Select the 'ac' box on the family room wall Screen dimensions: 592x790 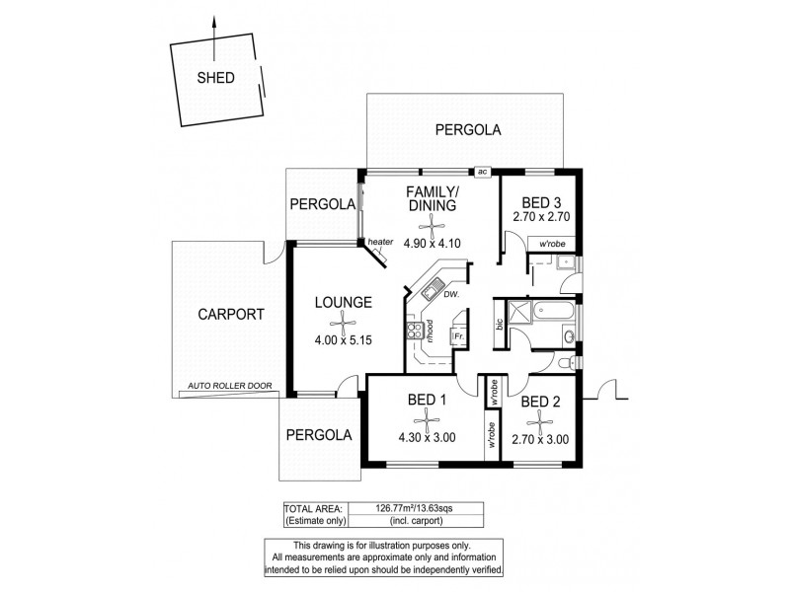[x=482, y=172]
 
